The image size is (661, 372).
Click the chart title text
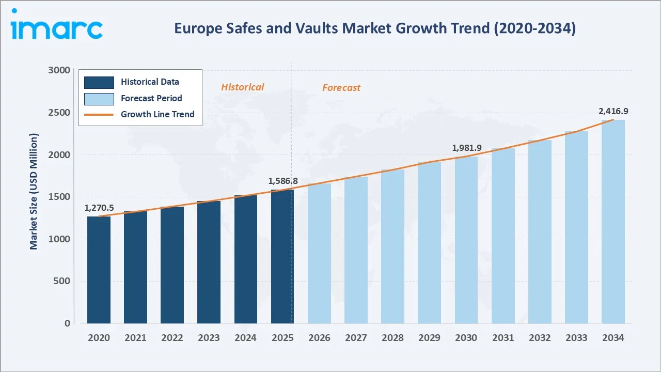(374, 28)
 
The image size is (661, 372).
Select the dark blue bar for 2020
(99, 270)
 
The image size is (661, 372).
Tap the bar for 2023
(209, 262)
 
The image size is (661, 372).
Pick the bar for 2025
(282, 256)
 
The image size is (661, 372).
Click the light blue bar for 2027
(356, 250)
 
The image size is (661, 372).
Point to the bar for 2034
(613, 222)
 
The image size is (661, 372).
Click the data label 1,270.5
(99, 208)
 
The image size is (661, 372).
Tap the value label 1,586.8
(283, 181)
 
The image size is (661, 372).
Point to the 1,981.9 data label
(467, 148)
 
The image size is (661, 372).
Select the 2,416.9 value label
(613, 111)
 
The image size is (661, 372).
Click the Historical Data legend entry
(150, 82)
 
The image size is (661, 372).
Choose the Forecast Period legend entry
(151, 98)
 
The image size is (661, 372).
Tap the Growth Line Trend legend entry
(158, 114)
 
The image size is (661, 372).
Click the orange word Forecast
(341, 88)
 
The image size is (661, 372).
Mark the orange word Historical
(242, 87)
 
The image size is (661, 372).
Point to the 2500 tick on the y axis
(60, 113)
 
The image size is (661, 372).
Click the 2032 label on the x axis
(540, 338)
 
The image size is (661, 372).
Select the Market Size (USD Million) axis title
(34, 191)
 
